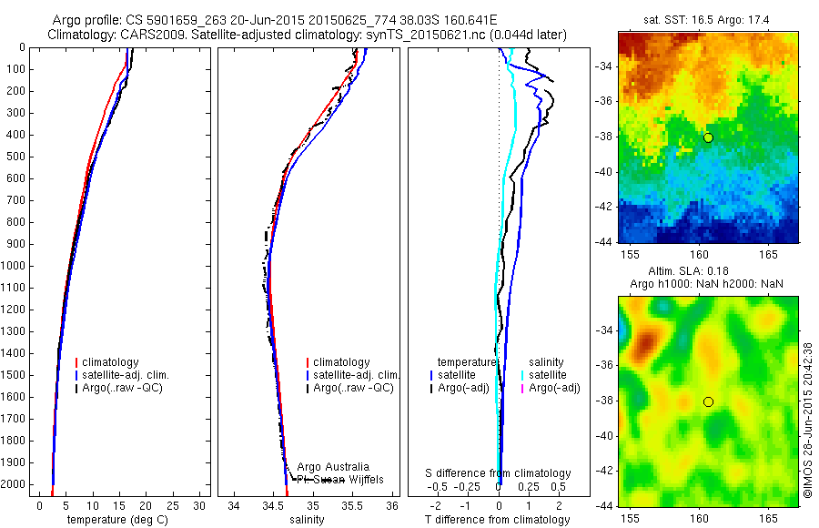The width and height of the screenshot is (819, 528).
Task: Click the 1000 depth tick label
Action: [x=14, y=266]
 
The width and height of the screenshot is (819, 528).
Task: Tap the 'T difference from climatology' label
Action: [x=497, y=520]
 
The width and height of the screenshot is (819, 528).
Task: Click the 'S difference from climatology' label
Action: [x=499, y=473]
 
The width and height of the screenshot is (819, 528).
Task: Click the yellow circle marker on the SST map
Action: [x=708, y=137]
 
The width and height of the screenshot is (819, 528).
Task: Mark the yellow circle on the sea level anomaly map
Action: [x=708, y=401]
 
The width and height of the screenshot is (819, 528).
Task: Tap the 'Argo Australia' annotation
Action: [x=333, y=466]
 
